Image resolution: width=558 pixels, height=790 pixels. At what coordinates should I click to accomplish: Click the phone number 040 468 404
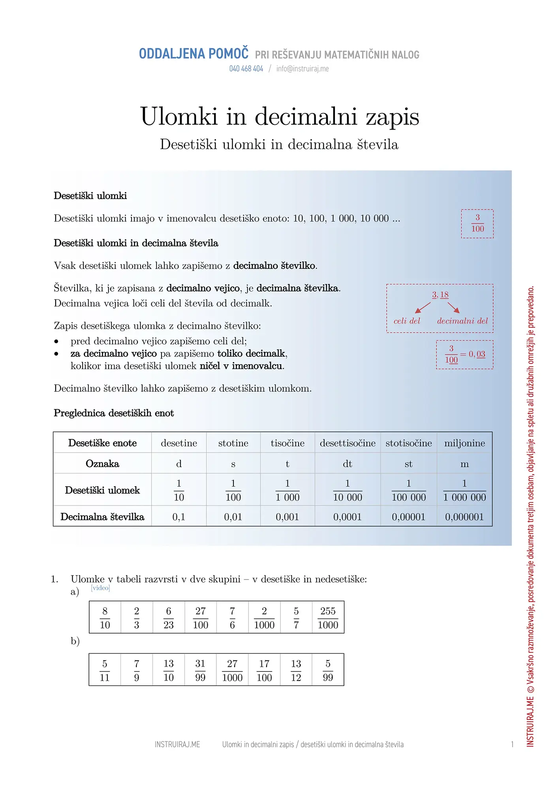[246, 69]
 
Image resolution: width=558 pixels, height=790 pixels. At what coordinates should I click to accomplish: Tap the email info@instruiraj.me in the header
[302, 69]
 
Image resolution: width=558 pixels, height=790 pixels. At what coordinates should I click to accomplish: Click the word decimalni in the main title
[306, 117]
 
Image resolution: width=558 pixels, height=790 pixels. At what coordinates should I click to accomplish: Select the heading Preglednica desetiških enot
[114, 413]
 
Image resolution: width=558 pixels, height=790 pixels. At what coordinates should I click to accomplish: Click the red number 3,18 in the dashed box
[440, 295]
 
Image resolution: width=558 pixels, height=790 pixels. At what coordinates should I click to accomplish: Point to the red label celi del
[407, 321]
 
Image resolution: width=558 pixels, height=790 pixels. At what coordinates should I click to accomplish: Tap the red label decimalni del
[462, 321]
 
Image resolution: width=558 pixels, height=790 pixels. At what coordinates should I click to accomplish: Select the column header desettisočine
[348, 443]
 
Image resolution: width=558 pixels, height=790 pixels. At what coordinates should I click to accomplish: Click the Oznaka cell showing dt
[348, 464]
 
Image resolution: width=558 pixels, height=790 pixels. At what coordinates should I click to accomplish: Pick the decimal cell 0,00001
[408, 517]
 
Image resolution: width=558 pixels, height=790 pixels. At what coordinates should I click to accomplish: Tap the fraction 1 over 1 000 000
[464, 490]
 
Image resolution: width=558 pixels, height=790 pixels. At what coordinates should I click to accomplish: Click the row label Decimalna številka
[102, 517]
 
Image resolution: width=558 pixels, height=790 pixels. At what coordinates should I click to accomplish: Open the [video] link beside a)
[100, 588]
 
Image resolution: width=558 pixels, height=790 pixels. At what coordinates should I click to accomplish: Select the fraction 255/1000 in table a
[328, 618]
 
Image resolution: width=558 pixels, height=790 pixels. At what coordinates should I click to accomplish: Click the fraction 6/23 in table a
[169, 618]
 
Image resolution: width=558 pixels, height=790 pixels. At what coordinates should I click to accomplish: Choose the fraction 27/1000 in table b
[232, 670]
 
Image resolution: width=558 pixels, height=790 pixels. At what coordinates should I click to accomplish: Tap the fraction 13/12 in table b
[296, 670]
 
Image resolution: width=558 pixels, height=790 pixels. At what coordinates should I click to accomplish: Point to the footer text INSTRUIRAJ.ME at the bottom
[177, 745]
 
